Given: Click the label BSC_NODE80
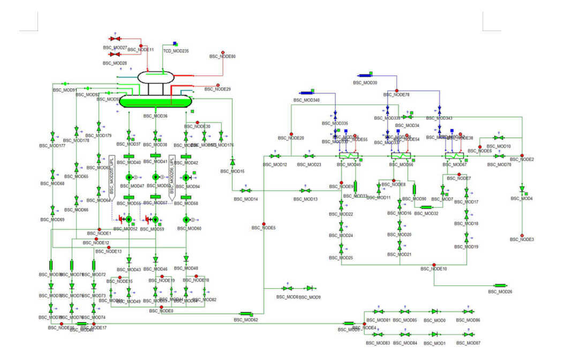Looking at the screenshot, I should tap(222, 56).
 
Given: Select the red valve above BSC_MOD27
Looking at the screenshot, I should tap(114, 39).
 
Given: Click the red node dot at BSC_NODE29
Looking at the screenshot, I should tap(218, 85).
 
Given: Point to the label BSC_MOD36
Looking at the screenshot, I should tap(155, 116).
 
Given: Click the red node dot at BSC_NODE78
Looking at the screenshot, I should tap(397, 91).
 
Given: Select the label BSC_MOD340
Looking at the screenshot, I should tap(306, 100).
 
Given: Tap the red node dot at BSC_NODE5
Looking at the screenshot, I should tap(264, 224).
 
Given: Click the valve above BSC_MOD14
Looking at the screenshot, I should tap(246, 191).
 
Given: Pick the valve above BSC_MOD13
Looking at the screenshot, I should tap(305, 191).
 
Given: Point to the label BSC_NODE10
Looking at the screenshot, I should tap(434, 269).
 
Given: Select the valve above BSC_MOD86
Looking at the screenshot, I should tap(468, 311).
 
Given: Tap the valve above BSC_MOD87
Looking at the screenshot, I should tap(468, 334).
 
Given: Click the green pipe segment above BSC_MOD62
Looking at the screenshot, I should tap(246, 314).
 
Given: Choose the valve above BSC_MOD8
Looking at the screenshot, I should tap(288, 288).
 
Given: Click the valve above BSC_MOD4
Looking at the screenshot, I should tap(522, 189).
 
